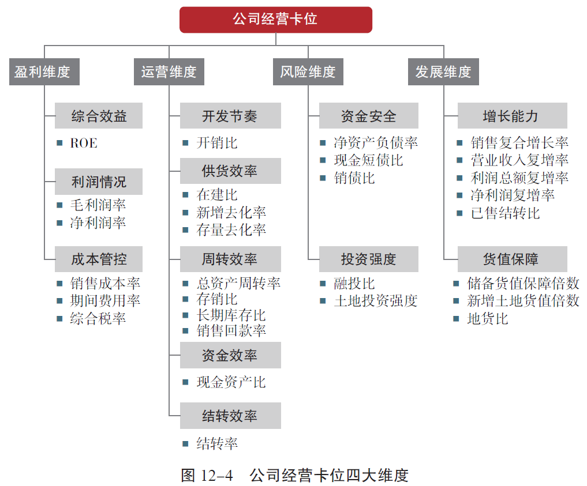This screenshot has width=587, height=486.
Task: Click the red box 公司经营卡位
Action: pos(276,20)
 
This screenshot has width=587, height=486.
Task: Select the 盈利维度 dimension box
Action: pos(44,72)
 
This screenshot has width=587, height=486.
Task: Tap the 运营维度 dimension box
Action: pos(169,72)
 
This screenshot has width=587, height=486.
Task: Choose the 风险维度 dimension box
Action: pos(308,72)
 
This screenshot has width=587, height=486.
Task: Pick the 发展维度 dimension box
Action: pos(444,72)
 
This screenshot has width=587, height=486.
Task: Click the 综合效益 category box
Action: pos(99,116)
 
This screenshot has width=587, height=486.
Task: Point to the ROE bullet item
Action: pos(84,143)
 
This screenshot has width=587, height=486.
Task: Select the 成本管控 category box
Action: pos(99,259)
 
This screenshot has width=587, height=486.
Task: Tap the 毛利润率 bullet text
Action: pos(98,205)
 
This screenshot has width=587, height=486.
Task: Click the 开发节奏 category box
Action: pos(231,116)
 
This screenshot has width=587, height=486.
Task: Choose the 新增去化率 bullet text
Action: pos(231,212)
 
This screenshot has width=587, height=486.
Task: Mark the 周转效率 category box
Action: pos(231,259)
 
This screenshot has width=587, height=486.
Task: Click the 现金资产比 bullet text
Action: pos(231,382)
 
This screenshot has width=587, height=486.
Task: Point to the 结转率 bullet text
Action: pos(217,444)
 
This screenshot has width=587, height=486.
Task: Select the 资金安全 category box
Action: pos(369,116)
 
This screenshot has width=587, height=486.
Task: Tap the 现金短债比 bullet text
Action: pos(369,160)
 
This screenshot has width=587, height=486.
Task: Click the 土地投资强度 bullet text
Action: pos(376,300)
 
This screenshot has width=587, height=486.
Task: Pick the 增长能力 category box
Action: pos(513,116)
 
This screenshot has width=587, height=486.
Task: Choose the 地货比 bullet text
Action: pos(488,319)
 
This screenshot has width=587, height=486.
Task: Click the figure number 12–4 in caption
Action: pos(217,476)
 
